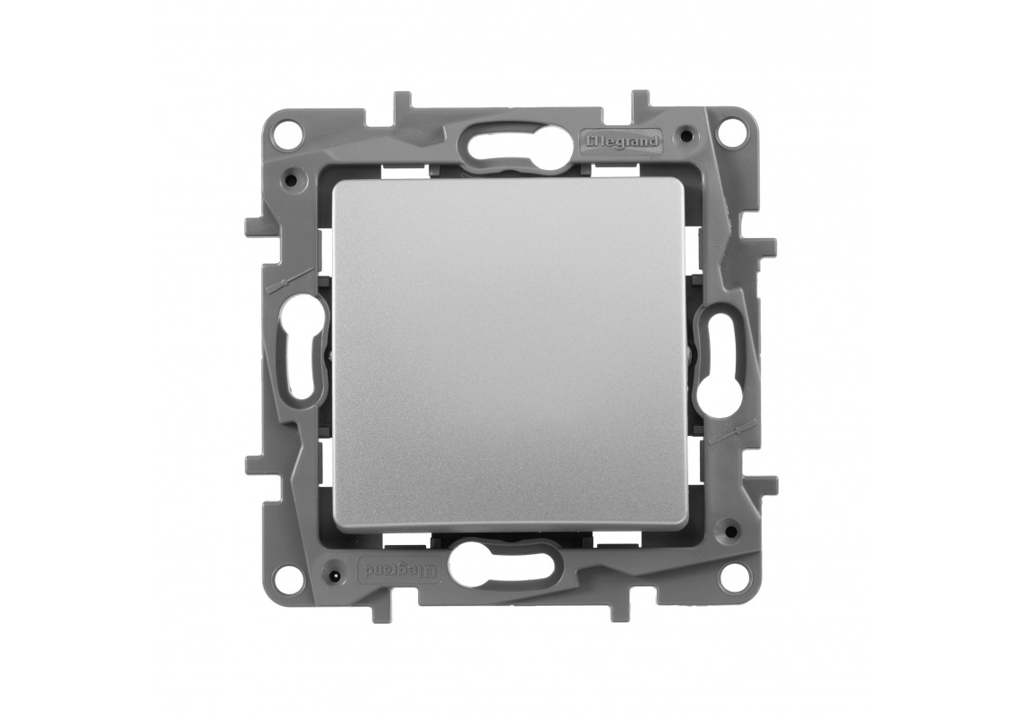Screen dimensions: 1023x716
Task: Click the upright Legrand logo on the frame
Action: (x=622, y=140)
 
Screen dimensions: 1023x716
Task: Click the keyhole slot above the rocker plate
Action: (x=513, y=143)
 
